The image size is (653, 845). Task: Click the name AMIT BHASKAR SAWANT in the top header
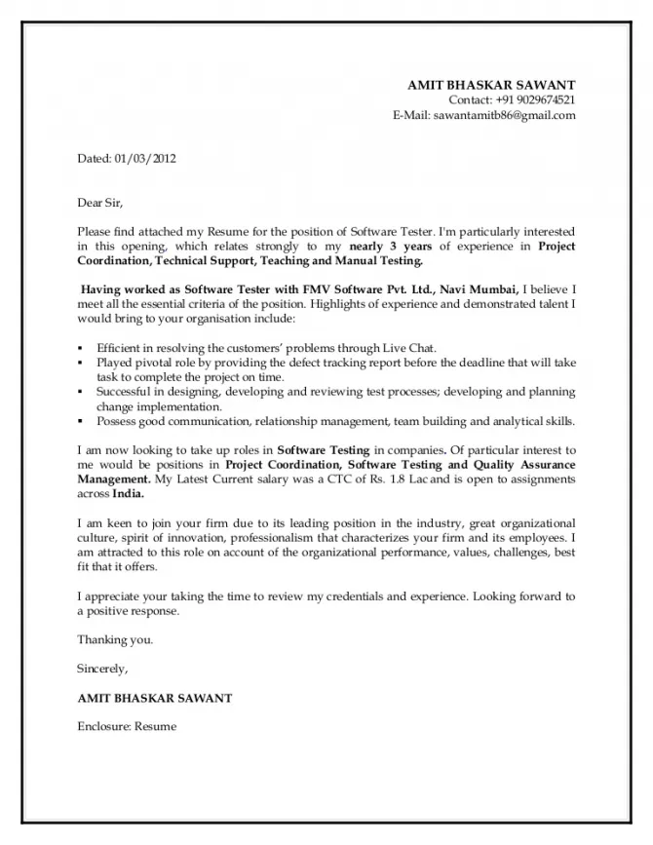pos(491,85)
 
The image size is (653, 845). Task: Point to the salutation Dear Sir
pos(101,203)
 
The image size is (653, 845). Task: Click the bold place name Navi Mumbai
pos(480,290)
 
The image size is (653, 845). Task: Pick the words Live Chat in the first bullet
pos(413,347)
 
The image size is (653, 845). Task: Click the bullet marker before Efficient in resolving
pos(81,348)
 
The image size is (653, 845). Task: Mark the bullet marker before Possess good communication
pos(81,422)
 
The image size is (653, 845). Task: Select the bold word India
pos(128,494)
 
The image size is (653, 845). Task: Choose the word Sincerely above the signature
pos(102,669)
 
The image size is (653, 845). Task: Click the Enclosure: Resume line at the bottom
pos(127,727)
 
